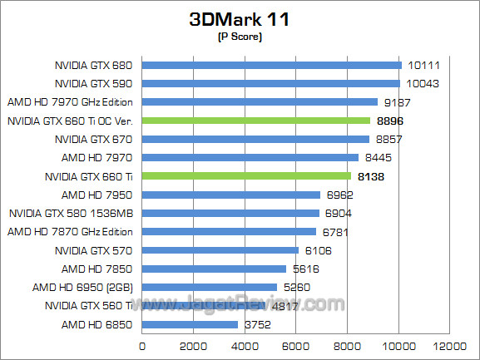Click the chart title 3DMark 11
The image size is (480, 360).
coord(240,19)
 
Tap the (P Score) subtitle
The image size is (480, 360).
coord(240,37)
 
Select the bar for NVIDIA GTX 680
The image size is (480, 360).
coord(272,65)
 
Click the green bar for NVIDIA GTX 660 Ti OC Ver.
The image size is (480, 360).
coord(256,121)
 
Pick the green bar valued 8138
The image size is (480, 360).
coord(247,176)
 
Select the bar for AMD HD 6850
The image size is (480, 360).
coord(191,324)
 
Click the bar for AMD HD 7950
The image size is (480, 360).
coord(231,195)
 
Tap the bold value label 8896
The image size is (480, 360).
coord(392,121)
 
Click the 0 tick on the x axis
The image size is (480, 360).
coord(143,345)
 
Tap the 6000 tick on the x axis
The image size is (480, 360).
coord(296,345)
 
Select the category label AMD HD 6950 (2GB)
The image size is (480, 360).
coord(89,287)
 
